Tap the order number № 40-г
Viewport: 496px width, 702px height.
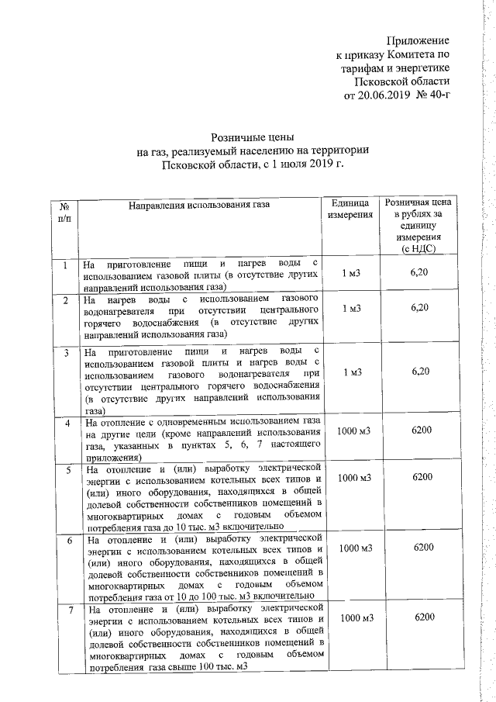[432, 96]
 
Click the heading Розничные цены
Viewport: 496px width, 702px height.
[253, 137]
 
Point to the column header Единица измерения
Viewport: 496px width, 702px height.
[351, 208]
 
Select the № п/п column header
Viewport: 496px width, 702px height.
[64, 213]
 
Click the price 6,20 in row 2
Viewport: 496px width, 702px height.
[419, 308]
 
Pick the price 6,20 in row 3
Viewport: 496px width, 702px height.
[420, 372]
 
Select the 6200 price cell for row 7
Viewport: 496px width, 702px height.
[424, 617]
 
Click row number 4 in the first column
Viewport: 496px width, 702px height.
[67, 423]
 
